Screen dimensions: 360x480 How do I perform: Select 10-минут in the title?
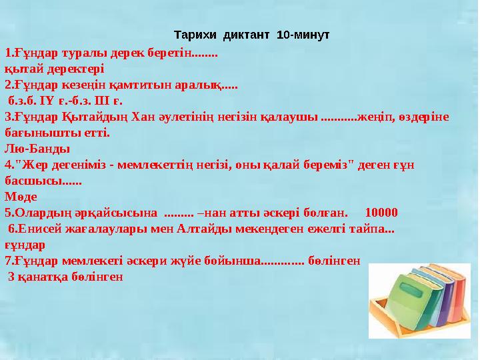303,34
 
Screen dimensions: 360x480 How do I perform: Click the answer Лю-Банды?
37,149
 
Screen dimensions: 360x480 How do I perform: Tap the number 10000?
382,213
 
